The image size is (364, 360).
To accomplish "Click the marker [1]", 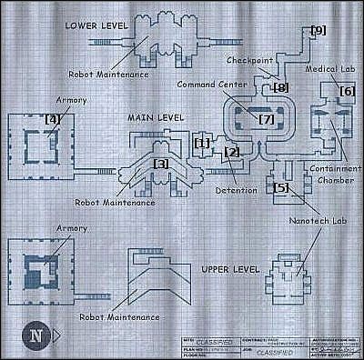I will [202, 143].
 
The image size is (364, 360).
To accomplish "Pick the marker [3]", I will [161, 163].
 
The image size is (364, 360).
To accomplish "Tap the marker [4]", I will [53, 118].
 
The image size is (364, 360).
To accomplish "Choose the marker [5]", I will [281, 187].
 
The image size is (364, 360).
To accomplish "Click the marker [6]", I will [347, 90].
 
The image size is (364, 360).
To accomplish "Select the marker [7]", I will [266, 119].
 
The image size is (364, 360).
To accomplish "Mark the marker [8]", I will [280, 87].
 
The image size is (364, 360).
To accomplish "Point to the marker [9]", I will [318, 30].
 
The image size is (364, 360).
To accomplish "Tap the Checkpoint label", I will [246, 59].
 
